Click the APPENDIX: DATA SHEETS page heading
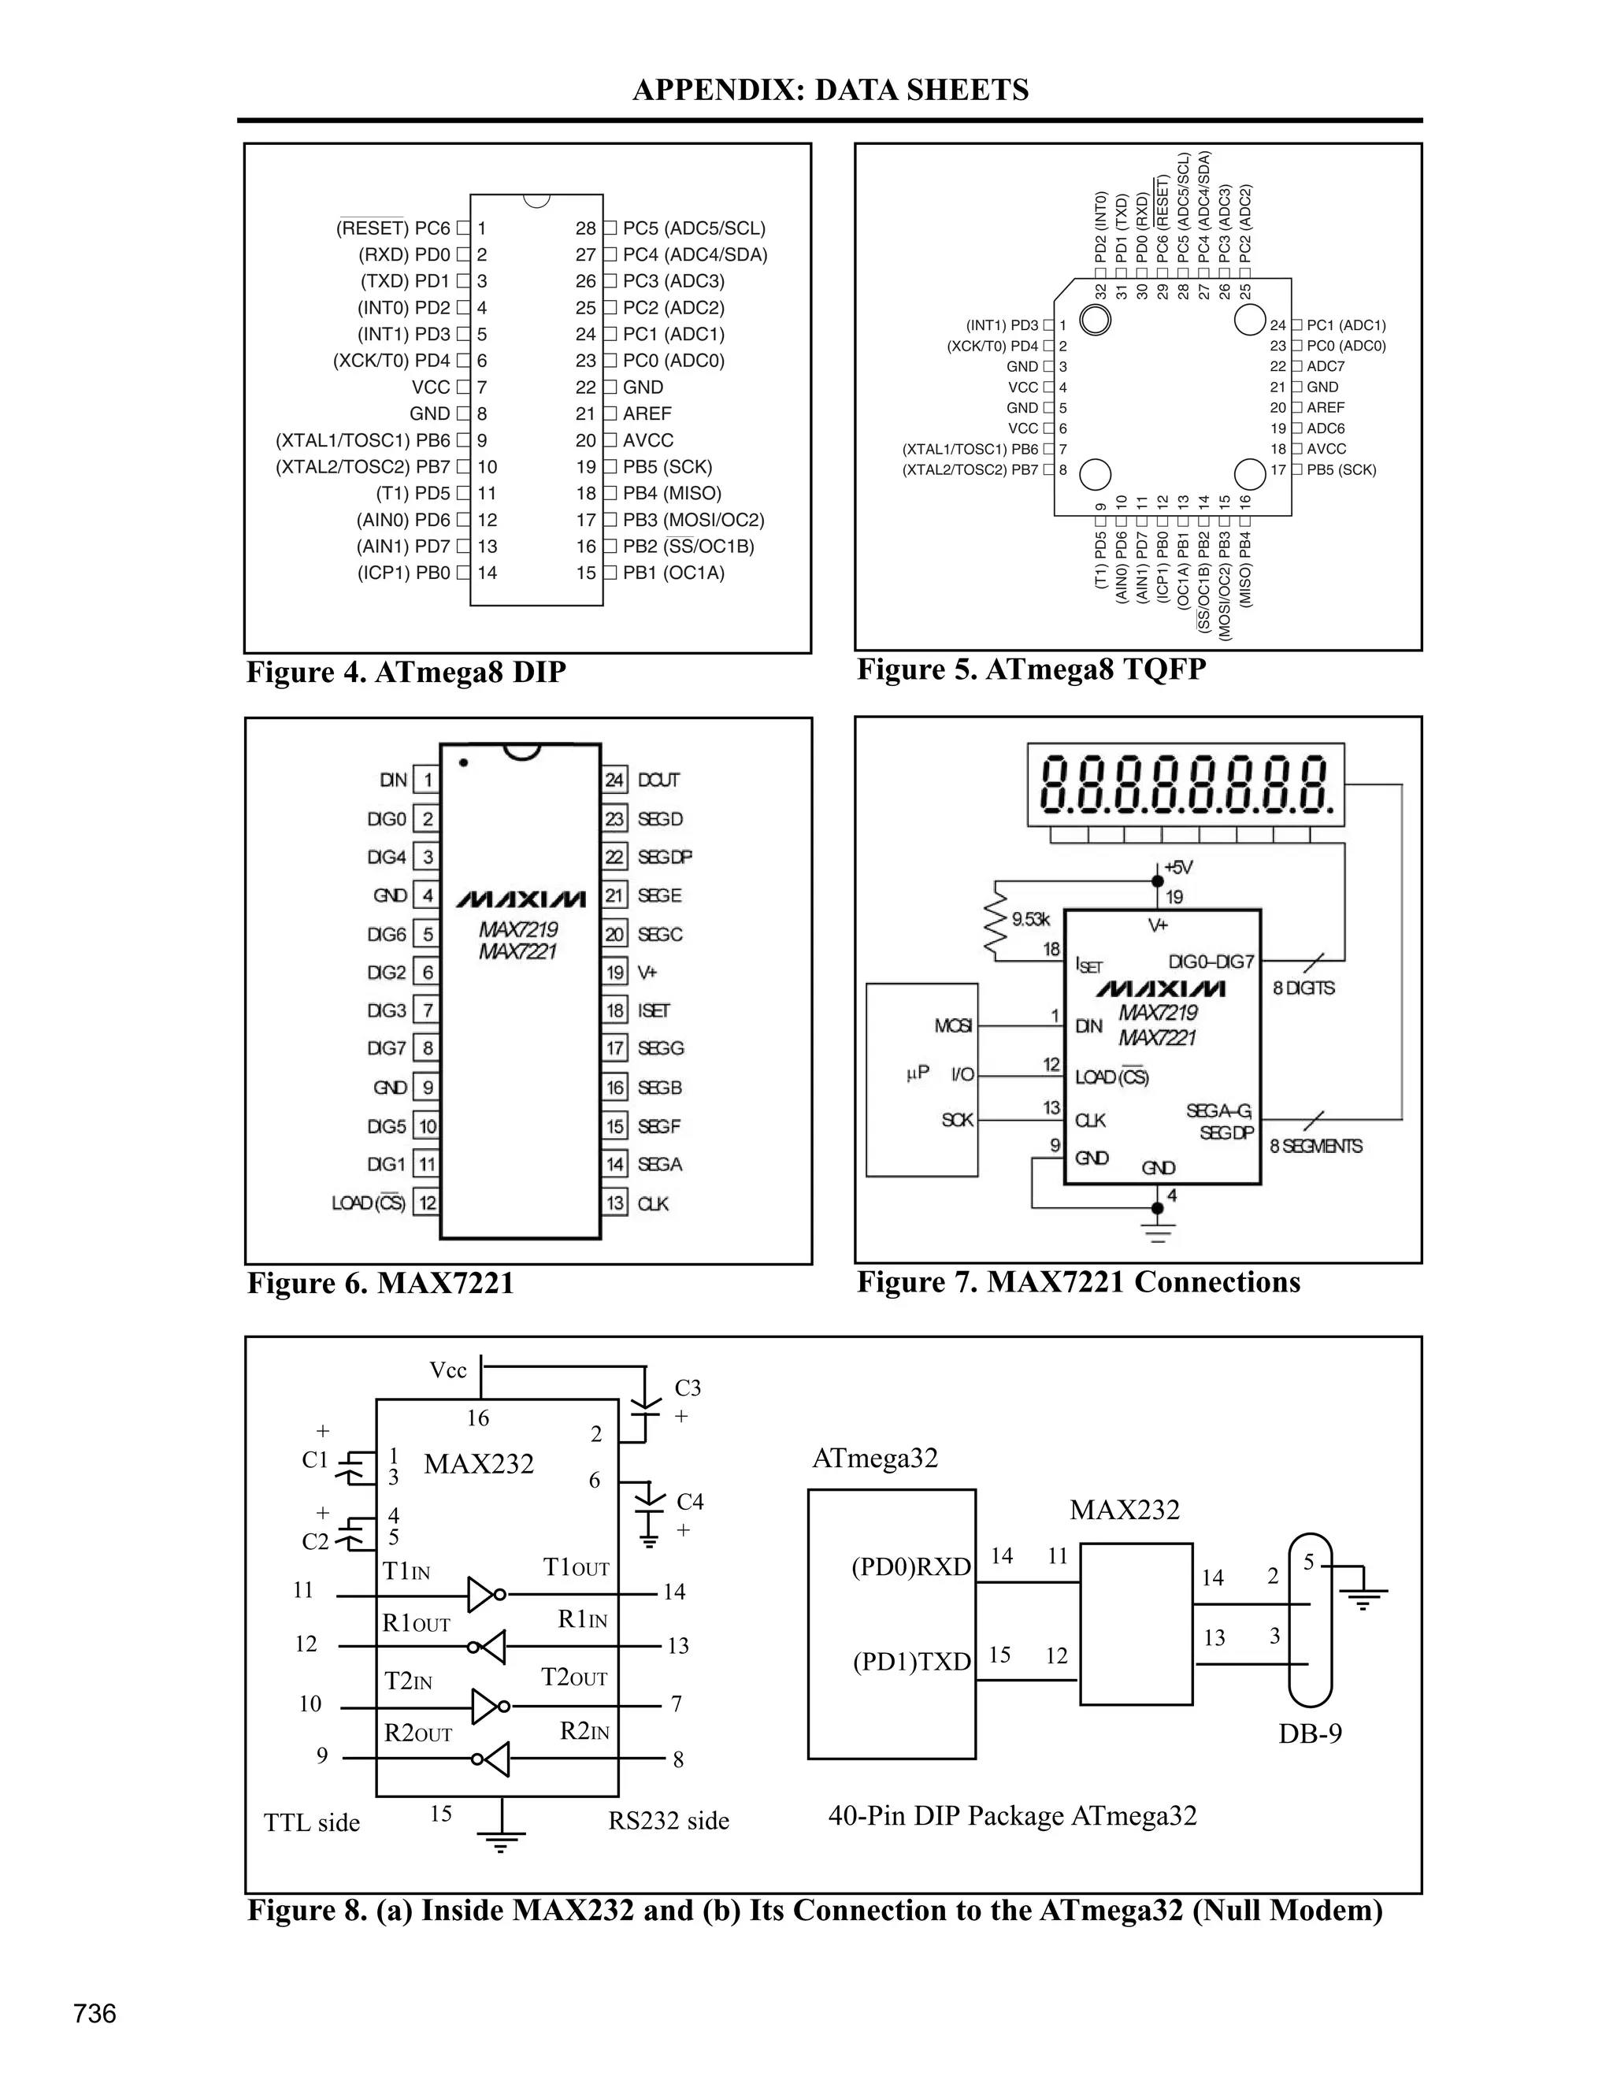click(829, 90)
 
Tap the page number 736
click(95, 2014)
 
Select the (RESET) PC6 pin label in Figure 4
click(393, 228)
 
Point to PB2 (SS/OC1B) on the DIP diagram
click(688, 547)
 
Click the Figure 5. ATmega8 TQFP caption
click(1030, 669)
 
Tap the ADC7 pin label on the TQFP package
click(1326, 366)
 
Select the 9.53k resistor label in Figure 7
click(1030, 919)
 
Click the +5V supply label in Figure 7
click(1178, 868)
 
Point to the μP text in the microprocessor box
click(917, 1073)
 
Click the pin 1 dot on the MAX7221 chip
click(463, 762)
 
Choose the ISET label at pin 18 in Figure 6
click(654, 1010)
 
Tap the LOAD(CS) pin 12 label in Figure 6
click(369, 1203)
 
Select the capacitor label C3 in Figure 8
click(687, 1388)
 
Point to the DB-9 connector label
click(1309, 1733)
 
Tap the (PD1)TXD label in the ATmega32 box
click(910, 1662)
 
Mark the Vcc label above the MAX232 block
click(447, 1370)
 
